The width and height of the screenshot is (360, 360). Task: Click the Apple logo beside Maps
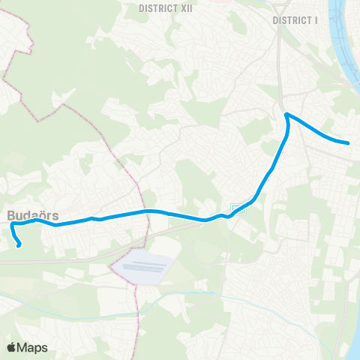point(12,347)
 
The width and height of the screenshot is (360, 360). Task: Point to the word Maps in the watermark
point(33,347)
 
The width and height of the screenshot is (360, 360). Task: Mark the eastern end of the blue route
point(349,142)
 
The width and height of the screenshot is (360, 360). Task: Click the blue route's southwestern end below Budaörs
point(19,244)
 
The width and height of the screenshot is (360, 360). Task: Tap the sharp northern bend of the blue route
point(286,115)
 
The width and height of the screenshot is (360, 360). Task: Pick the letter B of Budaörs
point(12,214)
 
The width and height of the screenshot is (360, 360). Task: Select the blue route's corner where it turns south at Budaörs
point(13,224)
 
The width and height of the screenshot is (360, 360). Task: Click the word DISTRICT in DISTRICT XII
point(155,8)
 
